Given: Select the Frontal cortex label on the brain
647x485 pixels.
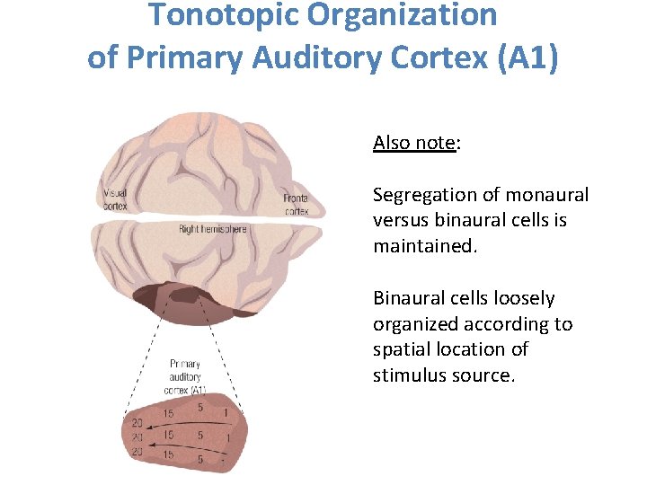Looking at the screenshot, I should point(296,205).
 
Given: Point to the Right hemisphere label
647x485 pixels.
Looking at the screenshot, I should point(212,230).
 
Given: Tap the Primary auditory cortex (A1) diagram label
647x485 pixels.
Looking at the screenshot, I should point(186,376).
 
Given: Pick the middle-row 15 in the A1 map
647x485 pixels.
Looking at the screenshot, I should point(168,435).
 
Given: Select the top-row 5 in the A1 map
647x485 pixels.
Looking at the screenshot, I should point(200,407).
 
